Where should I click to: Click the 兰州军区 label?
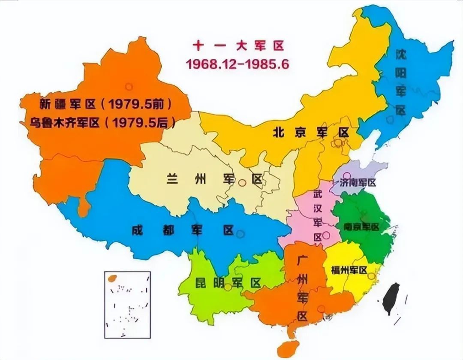tap(214, 179)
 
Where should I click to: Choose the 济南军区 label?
tap(358, 182)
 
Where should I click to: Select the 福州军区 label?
tap(349, 270)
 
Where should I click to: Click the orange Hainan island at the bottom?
tap(287, 346)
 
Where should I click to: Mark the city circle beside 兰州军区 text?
tap(243, 182)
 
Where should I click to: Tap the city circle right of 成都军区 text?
tap(241, 234)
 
